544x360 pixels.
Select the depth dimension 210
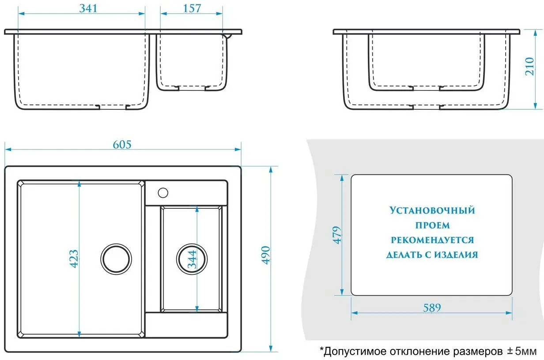(530, 66)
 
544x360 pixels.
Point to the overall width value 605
(122, 144)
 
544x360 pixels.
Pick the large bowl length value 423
(74, 259)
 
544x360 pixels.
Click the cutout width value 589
(431, 307)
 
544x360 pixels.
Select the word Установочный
(432, 210)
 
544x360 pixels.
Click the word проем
(432, 225)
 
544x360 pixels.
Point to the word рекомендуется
(432, 240)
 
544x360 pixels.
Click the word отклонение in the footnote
(421, 352)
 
